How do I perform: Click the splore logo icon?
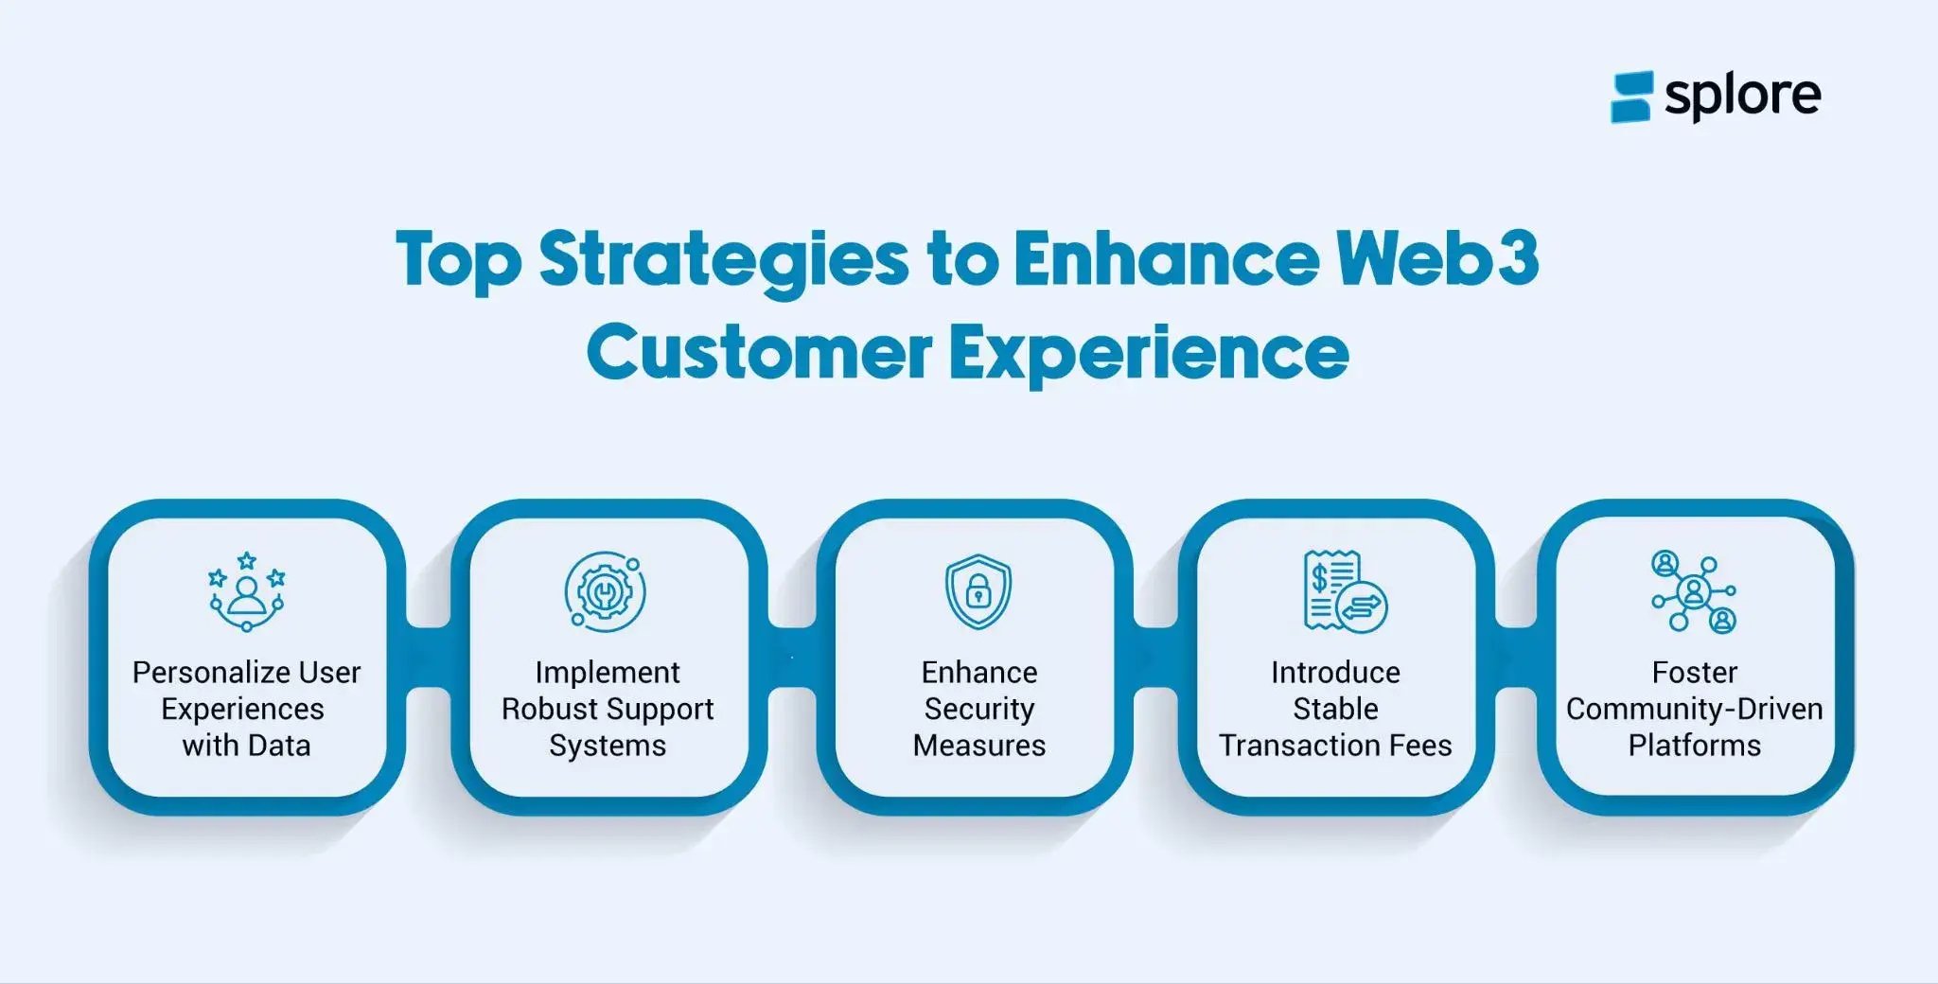pos(1630,97)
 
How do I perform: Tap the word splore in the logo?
pos(1742,96)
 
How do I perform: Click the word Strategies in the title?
pos(722,259)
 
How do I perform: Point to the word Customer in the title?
pos(758,352)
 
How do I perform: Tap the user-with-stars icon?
pos(246,592)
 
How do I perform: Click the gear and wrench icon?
pos(606,592)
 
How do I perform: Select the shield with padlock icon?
pos(978,592)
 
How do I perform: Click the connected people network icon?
pos(1694,592)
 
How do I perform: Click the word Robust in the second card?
pos(548,709)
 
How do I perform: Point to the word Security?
pos(978,709)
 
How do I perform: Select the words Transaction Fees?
pos(1334,746)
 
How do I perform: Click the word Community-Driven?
pos(1694,709)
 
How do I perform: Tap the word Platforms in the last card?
pos(1694,746)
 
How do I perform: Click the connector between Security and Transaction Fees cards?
pos(1155,658)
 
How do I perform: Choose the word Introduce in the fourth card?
pos(1334,673)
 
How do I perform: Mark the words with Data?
pos(246,746)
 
